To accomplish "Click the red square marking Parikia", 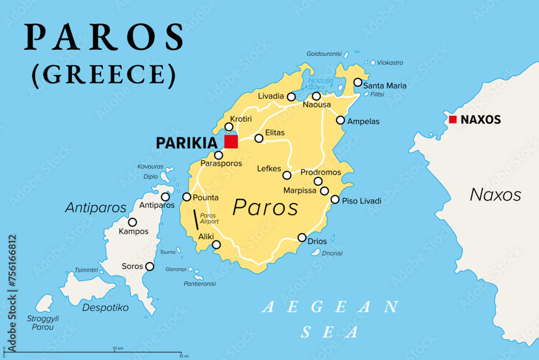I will click(x=231, y=142).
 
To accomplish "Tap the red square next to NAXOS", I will click(x=453, y=120).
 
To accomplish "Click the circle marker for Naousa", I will click(x=316, y=96).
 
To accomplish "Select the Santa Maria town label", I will click(x=385, y=86).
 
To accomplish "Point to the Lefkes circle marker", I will click(x=287, y=175).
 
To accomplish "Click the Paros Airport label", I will click(x=209, y=218).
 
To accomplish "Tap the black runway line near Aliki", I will click(x=196, y=220).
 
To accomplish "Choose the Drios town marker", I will click(x=302, y=238).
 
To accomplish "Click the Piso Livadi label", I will click(x=362, y=201).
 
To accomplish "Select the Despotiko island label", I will click(x=105, y=308).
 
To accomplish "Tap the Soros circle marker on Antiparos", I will click(x=150, y=266).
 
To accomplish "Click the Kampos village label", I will click(x=133, y=232).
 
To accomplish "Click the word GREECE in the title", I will click(x=103, y=75).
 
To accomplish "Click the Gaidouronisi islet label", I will click(x=324, y=54).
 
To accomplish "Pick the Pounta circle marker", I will click(x=187, y=197).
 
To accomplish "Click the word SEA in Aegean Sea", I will click(x=330, y=331).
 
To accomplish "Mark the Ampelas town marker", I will click(x=340, y=120).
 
